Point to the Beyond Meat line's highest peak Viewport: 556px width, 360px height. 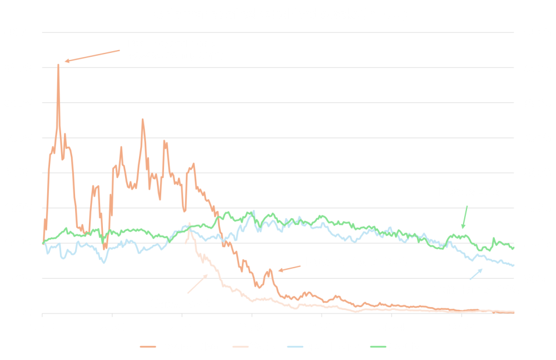coord(58,65)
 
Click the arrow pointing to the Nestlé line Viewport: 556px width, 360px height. coord(465,217)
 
